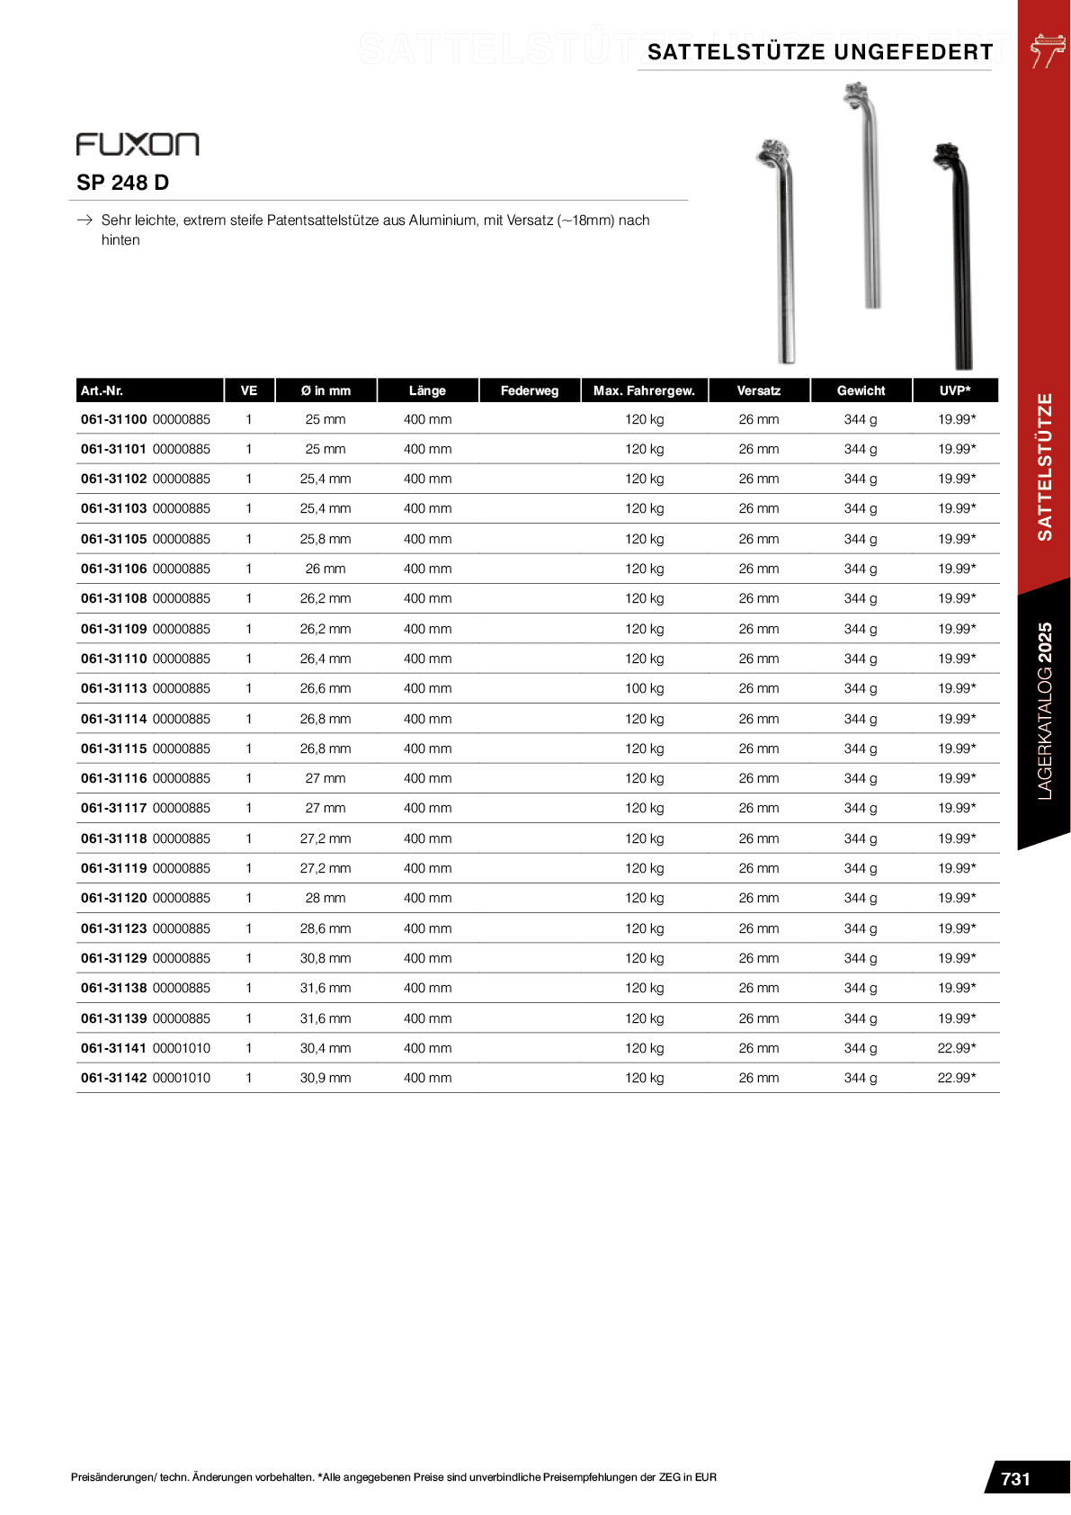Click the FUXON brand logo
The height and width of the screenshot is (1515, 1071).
coord(138,144)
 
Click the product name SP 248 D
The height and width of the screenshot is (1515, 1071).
coord(122,183)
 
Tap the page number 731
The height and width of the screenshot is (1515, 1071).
coord(1015,1479)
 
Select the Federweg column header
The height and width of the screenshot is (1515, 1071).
coord(530,390)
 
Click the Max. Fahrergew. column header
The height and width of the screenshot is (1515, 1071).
coord(644,390)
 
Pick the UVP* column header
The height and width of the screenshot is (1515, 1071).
coord(955,390)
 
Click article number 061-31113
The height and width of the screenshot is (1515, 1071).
coord(114,688)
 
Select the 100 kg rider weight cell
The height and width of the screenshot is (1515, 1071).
coord(644,688)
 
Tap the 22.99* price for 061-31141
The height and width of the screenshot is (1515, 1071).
coord(956,1048)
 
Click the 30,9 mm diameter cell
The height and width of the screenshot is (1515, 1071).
coord(326,1078)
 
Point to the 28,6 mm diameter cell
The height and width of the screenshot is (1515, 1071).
coord(326,928)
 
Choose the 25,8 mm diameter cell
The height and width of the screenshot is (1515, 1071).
coord(326,539)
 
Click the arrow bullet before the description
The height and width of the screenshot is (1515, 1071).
coord(85,220)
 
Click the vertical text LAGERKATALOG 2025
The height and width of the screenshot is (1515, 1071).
coord(1044,711)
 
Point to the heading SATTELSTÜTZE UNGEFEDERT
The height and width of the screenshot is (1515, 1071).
coord(820,52)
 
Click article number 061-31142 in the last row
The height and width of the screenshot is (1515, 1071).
coord(114,1078)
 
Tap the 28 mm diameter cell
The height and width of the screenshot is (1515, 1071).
coord(326,898)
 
